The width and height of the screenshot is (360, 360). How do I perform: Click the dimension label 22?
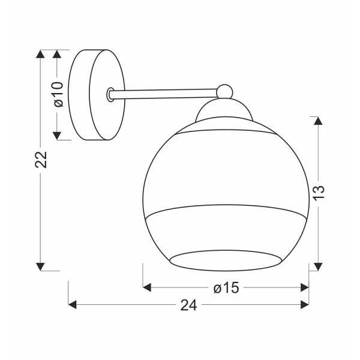[40, 158]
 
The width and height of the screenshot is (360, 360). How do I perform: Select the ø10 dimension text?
[58, 94]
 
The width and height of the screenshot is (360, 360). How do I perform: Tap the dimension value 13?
[319, 191]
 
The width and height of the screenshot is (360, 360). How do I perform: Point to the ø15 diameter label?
[226, 288]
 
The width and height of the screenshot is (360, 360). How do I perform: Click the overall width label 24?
[188, 305]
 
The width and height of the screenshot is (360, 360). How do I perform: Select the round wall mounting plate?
[96, 95]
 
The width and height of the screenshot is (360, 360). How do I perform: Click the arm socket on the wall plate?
[110, 94]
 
